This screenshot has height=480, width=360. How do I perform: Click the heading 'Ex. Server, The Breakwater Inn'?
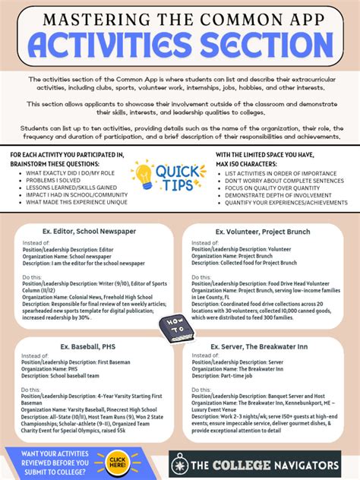tap(262, 347)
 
